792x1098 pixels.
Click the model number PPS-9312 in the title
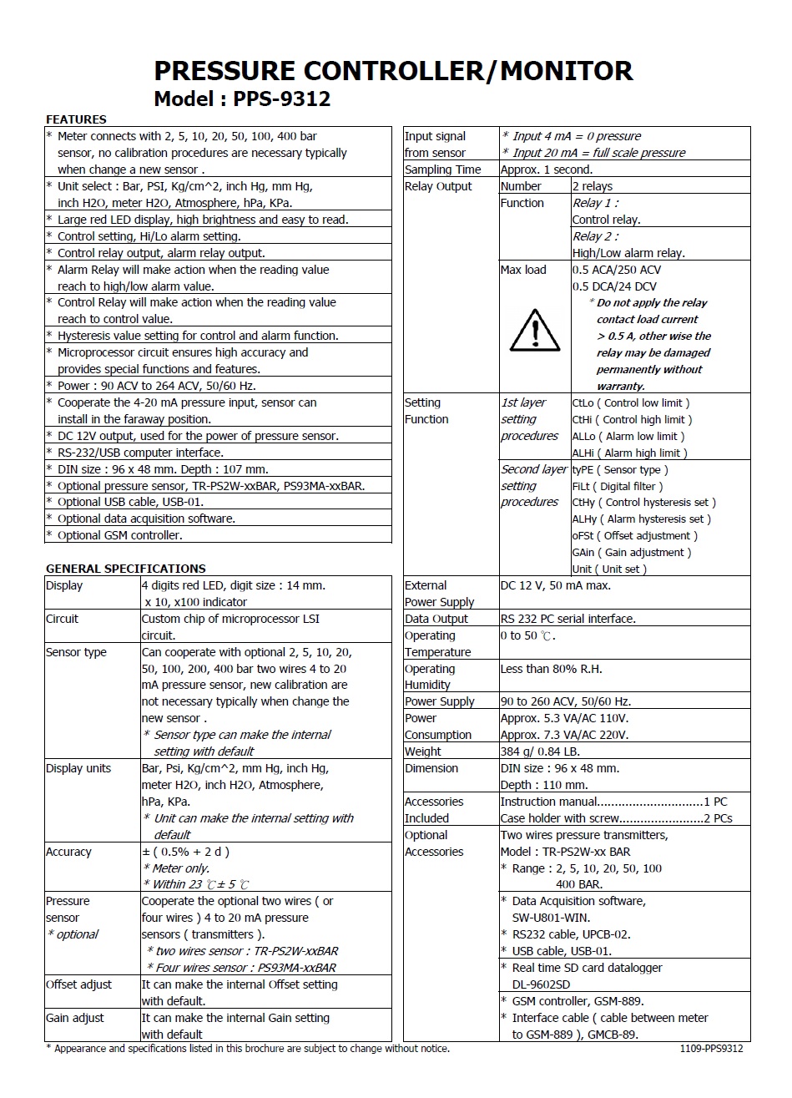(x=282, y=99)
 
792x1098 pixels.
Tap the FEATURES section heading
(x=76, y=119)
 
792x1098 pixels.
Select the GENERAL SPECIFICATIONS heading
(x=125, y=569)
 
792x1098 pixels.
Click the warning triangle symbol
(x=535, y=330)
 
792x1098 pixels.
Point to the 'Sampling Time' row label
(x=442, y=170)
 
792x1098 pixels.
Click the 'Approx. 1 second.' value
(x=546, y=170)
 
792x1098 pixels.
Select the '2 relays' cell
(x=593, y=186)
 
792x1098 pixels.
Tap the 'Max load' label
(x=523, y=270)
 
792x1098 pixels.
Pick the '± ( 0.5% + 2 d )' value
(x=185, y=852)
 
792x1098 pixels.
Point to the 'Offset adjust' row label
(x=78, y=984)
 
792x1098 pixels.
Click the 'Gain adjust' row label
(x=75, y=1018)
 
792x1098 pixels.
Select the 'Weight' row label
(x=423, y=751)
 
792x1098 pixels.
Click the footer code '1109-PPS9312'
(x=711, y=1049)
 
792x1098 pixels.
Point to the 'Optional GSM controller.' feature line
(x=119, y=535)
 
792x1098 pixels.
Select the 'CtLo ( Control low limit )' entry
(x=631, y=403)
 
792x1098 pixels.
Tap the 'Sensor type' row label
(x=76, y=652)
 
